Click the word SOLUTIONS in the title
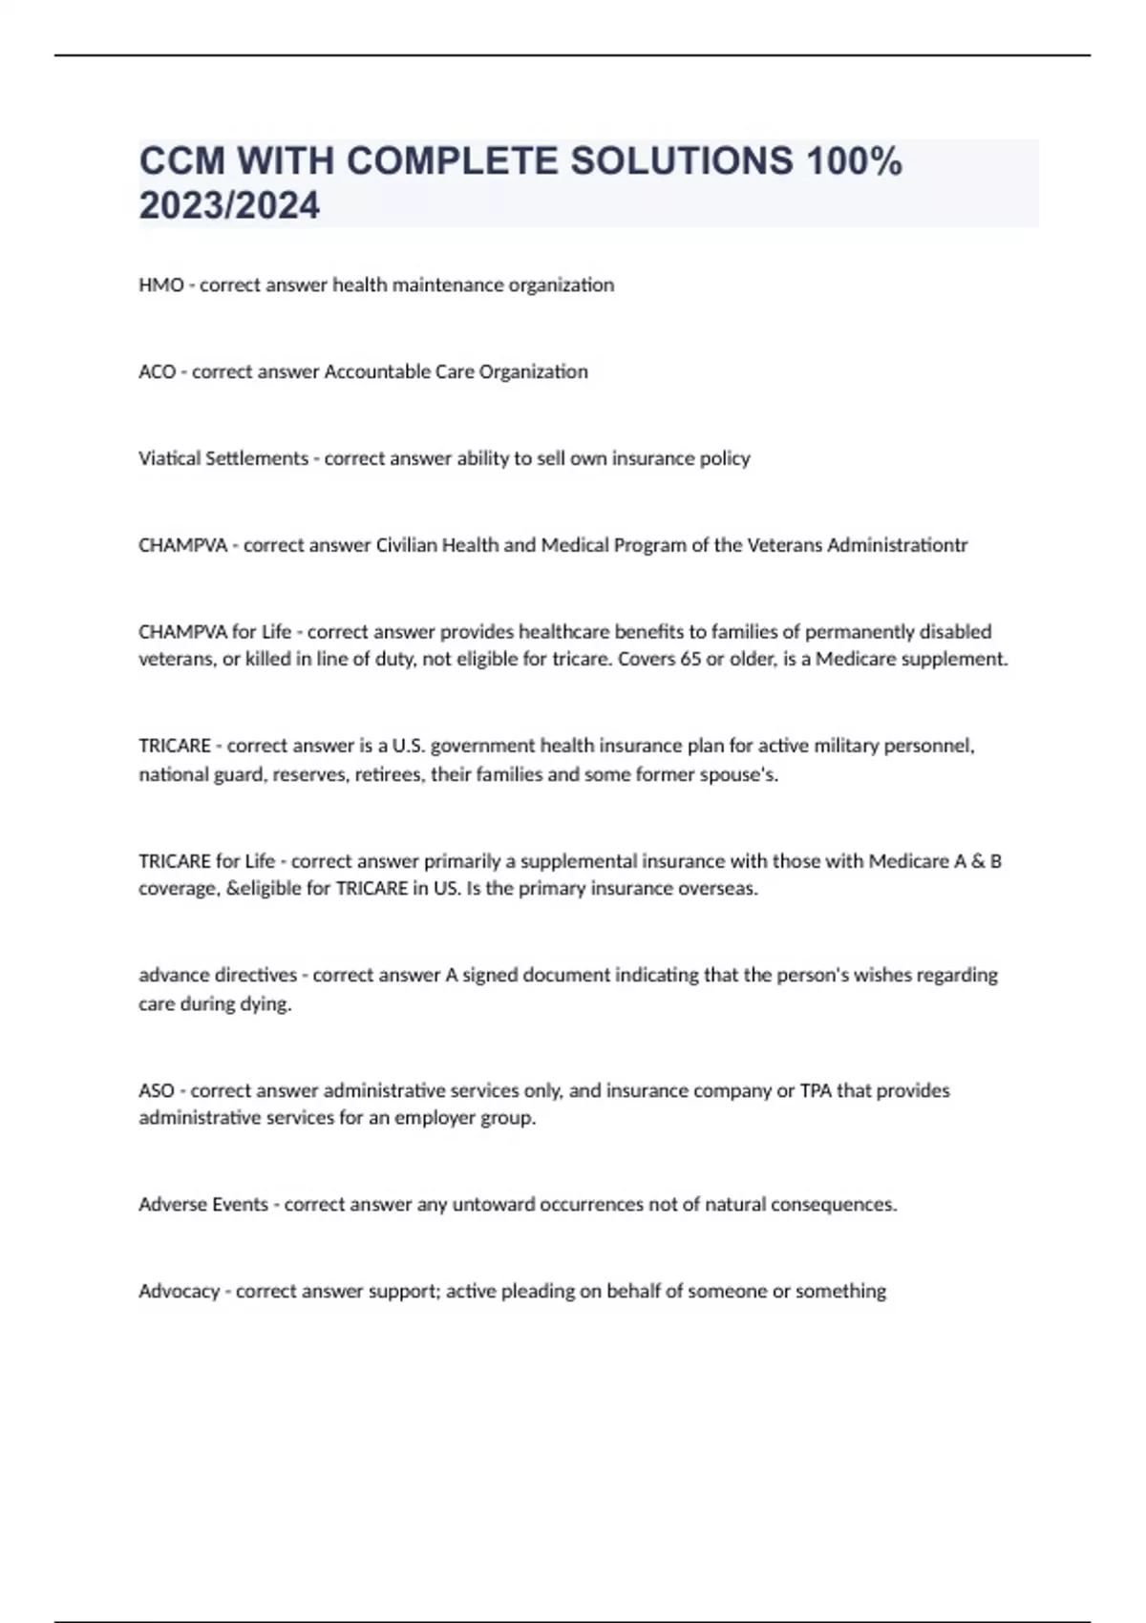681,161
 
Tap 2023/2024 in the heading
229,205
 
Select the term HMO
160,285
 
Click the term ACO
157,372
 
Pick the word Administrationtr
897,545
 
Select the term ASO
157,1090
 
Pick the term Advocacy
179,1292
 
